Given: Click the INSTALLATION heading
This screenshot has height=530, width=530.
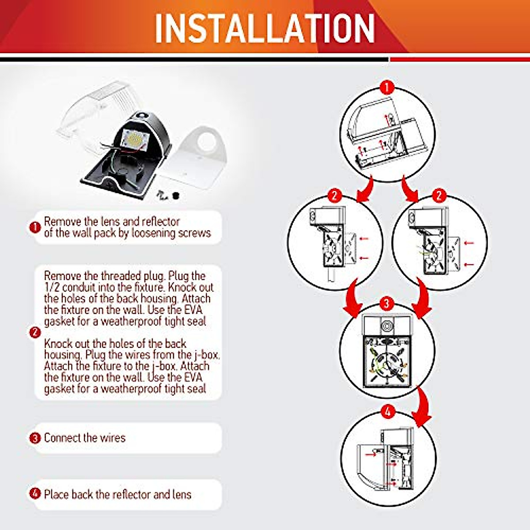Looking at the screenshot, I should click(265, 27).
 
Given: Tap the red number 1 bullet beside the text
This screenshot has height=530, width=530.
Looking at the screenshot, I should click(35, 227).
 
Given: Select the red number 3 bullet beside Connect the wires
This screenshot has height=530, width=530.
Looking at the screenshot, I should click(35, 438).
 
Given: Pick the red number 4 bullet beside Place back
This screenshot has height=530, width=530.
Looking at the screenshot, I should click(35, 493).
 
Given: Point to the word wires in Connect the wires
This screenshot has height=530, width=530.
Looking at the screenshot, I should click(113, 438).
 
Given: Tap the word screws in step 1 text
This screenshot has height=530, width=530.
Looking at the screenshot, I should click(194, 233).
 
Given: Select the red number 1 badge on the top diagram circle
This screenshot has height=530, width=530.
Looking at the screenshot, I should click(387, 87).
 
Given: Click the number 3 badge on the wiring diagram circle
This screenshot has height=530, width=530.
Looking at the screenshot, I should click(386, 303).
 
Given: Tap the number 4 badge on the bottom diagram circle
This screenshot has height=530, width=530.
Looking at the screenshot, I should click(387, 413).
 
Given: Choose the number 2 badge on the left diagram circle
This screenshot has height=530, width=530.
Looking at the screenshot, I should click(335, 195).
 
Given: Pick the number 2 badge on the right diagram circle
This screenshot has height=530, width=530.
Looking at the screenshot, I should click(439, 195).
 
